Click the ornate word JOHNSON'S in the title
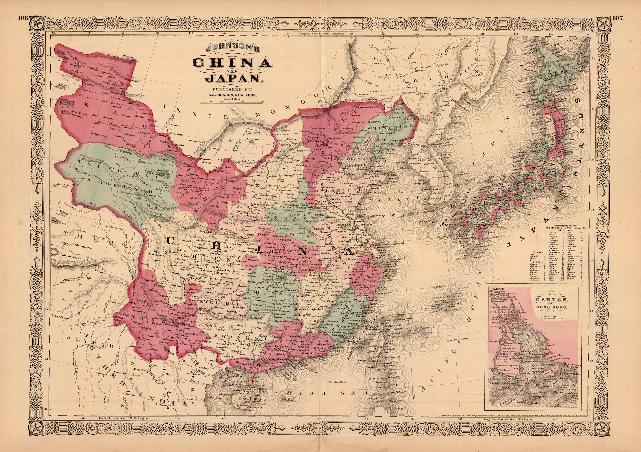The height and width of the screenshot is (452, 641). pos(232,49)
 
